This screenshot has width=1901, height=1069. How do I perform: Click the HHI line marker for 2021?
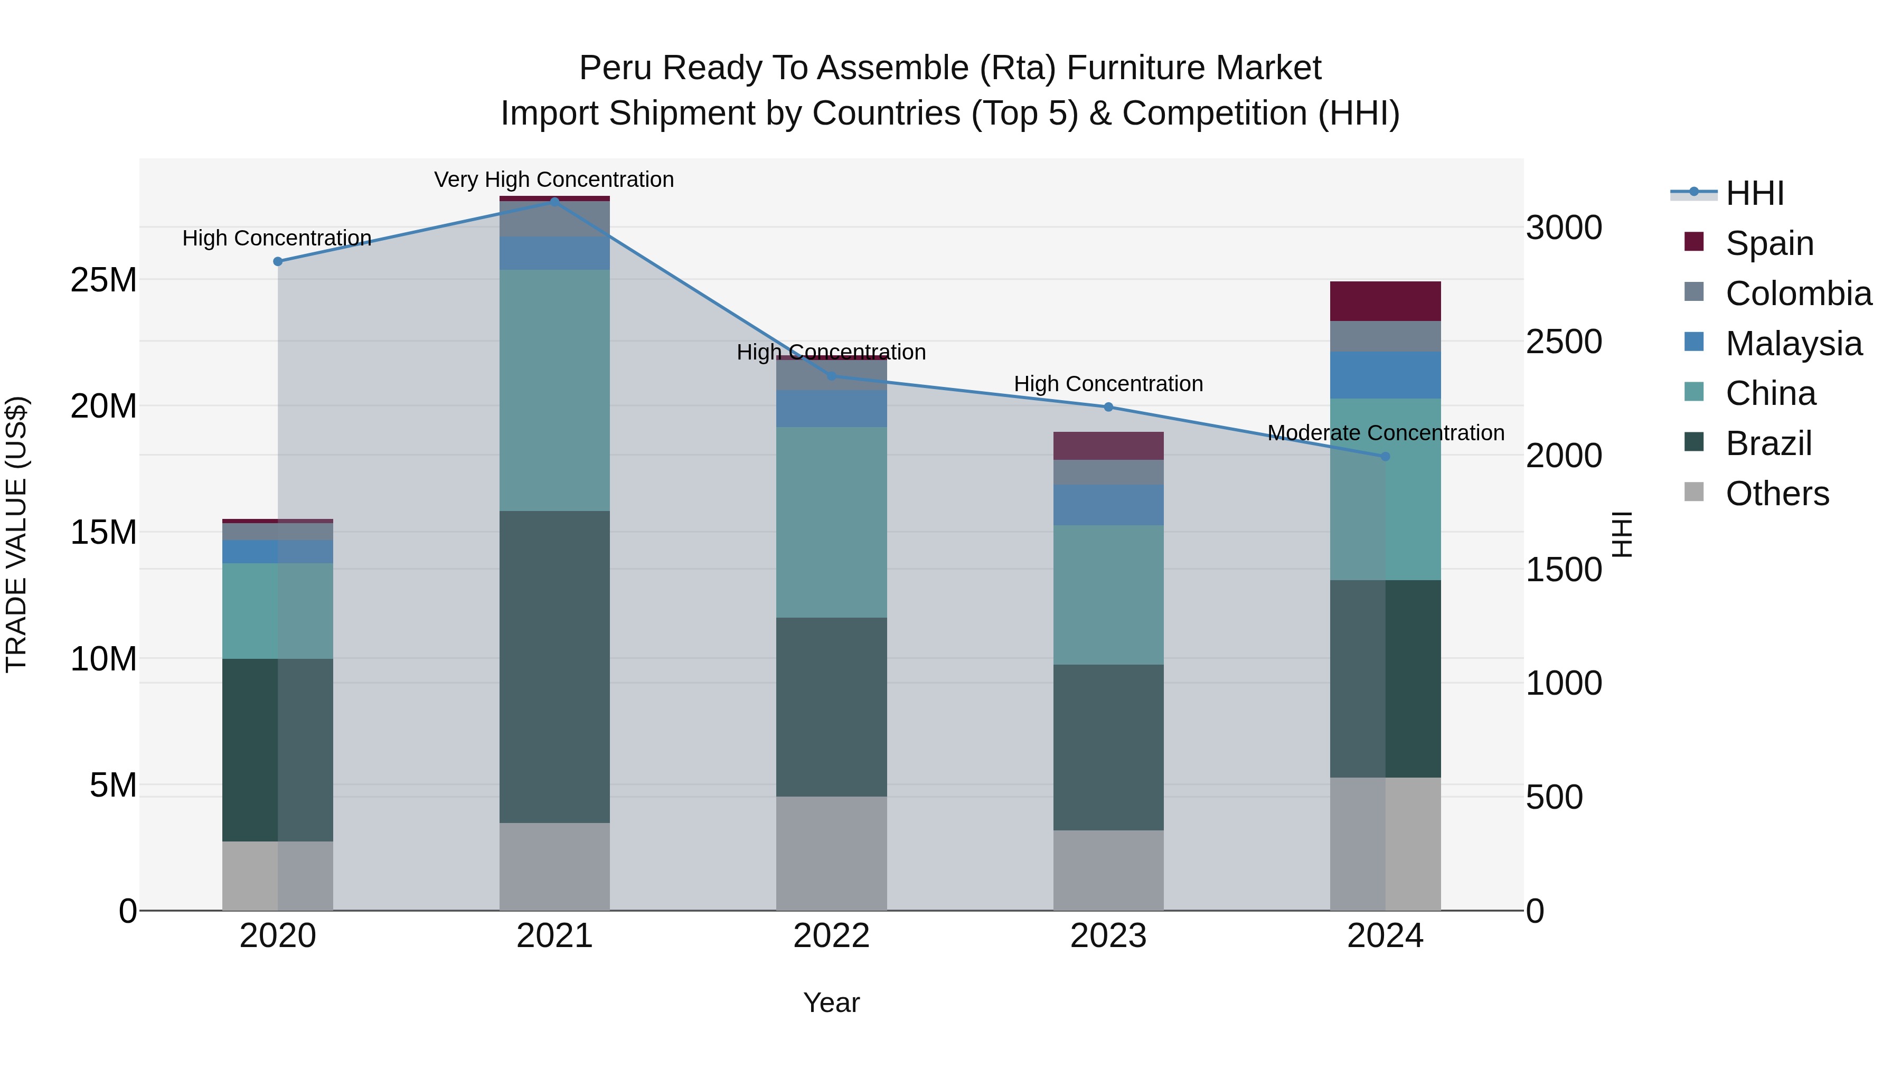[554, 202]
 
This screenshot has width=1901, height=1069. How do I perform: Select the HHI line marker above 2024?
[1385, 457]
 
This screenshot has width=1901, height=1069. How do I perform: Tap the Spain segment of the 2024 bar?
[1385, 301]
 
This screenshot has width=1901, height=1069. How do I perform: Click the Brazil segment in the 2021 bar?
[554, 666]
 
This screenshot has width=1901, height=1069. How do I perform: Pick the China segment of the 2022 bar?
[831, 522]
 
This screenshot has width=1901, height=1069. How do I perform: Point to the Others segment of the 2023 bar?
[1108, 870]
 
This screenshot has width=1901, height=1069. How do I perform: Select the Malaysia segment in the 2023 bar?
[1108, 505]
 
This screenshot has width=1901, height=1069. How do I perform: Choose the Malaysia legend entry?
[1793, 344]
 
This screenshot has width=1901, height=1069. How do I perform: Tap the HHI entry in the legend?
[1754, 193]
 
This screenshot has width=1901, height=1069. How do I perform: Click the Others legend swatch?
[1695, 492]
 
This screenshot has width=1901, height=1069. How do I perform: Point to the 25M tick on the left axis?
[103, 280]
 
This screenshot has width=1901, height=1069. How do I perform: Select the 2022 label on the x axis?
[831, 936]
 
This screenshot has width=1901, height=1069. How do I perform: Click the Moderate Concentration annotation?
[1385, 432]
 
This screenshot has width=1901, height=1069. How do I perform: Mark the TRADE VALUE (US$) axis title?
[16, 534]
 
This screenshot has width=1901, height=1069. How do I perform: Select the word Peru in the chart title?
[616, 68]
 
